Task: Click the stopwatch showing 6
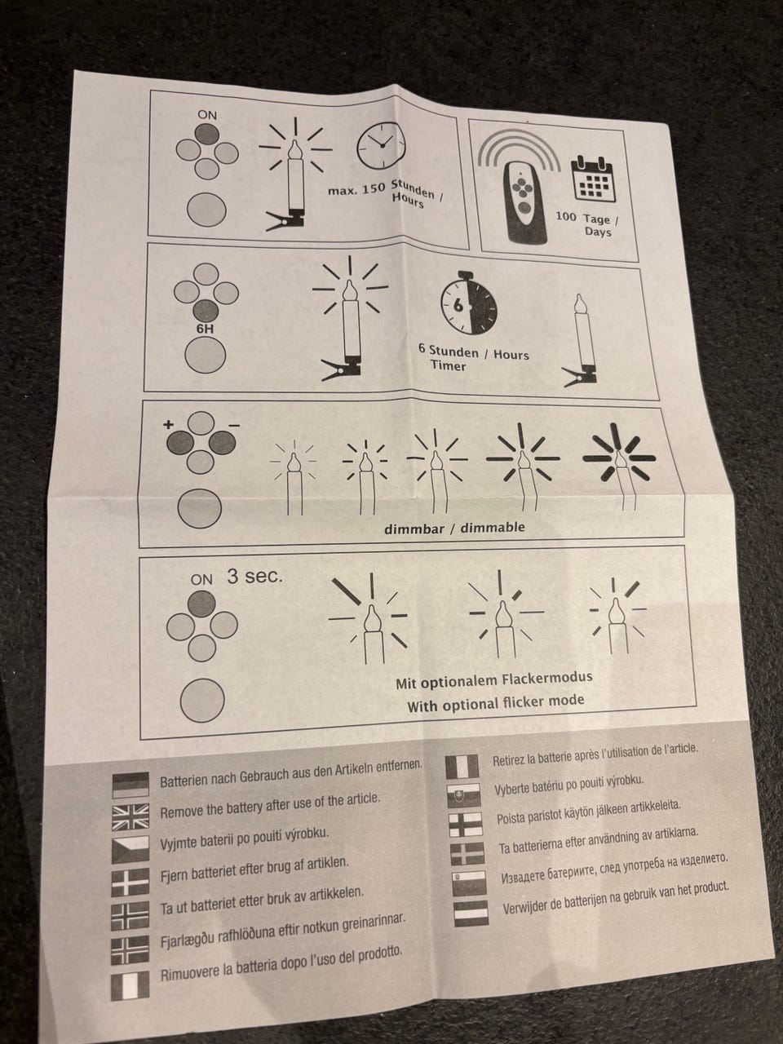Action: click(468, 303)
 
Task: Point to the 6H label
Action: click(206, 329)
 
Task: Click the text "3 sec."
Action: click(254, 577)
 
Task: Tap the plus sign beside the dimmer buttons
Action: click(168, 425)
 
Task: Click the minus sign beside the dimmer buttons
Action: click(233, 425)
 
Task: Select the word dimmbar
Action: click(414, 529)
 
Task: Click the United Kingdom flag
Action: click(130, 817)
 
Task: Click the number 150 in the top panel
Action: click(374, 189)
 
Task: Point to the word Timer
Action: click(448, 365)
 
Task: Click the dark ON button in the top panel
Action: click(207, 135)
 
